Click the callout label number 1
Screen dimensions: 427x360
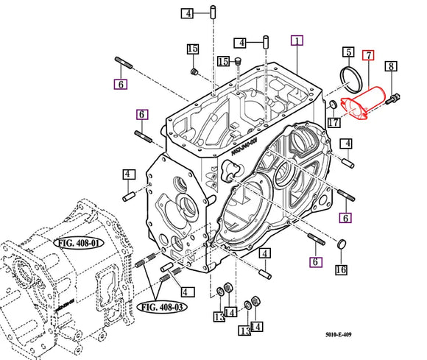coord(297,40)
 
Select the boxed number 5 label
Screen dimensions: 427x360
coord(348,52)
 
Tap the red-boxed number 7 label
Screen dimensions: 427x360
coord(368,55)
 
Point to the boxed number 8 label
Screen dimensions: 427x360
coord(391,66)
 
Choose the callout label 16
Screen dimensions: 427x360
coord(341,269)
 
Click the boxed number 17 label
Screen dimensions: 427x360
coord(334,122)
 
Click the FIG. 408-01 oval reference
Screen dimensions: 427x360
coord(79,243)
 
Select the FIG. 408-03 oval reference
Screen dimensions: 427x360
coord(162,307)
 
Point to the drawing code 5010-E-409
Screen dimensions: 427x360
coord(338,334)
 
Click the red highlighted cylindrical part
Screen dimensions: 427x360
coord(363,103)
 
